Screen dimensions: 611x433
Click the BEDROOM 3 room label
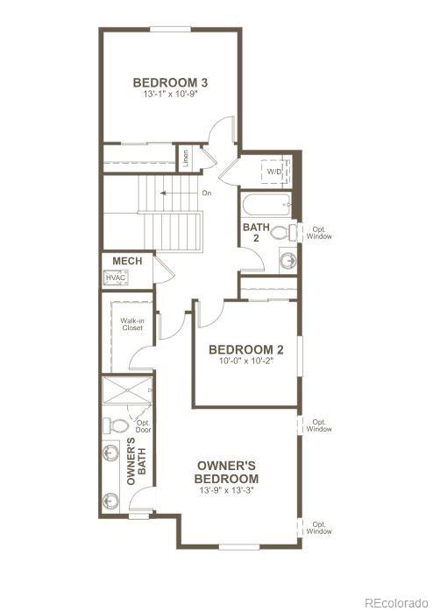[x=163, y=83]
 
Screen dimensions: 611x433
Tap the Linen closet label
[x=186, y=159]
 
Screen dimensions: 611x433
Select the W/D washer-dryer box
[x=274, y=172]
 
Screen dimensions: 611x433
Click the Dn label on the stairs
[x=207, y=193]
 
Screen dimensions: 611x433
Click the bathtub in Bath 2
[x=266, y=207]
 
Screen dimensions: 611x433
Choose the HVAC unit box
[x=116, y=277]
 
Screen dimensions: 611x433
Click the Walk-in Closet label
[x=131, y=325]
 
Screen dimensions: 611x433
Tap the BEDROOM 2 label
[x=242, y=350]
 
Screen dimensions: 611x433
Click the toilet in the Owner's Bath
[x=115, y=425]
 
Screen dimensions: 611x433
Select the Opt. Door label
[x=143, y=426]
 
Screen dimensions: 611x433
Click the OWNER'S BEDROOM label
[x=227, y=472]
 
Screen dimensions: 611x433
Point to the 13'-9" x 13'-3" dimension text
[x=227, y=491]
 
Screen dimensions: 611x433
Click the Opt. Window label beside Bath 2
[x=319, y=233]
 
